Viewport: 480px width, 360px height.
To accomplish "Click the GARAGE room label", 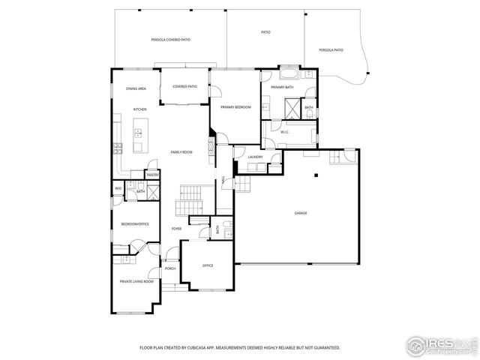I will (300, 213).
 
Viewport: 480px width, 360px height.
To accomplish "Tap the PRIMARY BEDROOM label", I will (235, 108).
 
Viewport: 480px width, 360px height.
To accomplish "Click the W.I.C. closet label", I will (285, 132).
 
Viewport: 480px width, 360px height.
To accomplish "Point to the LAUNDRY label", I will (255, 157).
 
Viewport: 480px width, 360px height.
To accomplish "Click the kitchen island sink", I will (138, 133).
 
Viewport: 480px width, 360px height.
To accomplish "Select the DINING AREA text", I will (136, 89).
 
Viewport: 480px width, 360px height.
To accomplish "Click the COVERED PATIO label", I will (184, 86).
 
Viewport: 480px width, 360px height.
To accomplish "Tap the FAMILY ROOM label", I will (181, 152).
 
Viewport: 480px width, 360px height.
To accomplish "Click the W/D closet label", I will (118, 188).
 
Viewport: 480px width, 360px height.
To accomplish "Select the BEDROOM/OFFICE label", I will (135, 223).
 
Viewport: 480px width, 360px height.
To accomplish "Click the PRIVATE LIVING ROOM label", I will (136, 281).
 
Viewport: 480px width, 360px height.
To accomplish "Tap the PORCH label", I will (170, 268).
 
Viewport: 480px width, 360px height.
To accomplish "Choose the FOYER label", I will (176, 228).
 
